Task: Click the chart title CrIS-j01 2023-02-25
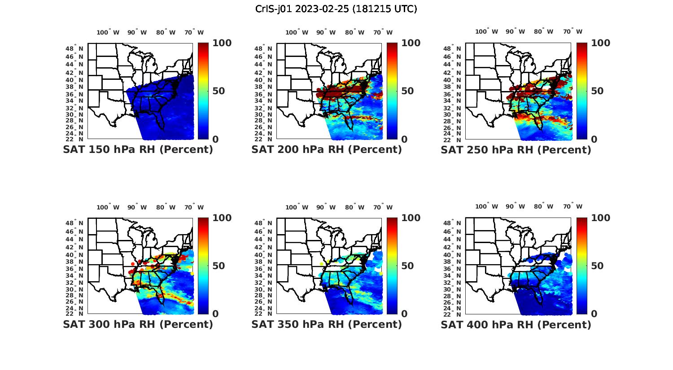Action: coord(336,9)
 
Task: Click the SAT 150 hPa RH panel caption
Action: coord(138,150)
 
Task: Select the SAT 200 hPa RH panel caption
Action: coord(327,150)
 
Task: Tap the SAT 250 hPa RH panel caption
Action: coord(516,150)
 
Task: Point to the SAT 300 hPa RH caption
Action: coord(138,324)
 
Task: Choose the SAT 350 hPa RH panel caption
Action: coord(327,324)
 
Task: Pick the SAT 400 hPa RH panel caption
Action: coord(516,324)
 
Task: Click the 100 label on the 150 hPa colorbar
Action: coord(222,43)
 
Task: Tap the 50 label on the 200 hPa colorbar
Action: coord(407,91)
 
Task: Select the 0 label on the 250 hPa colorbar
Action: coord(594,139)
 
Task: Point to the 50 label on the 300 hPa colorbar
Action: coord(218,266)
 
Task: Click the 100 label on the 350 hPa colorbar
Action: coord(411,218)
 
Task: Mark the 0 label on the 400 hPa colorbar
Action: coord(594,314)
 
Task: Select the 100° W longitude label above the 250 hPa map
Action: coord(486,31)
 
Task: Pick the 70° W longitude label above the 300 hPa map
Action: coord(194,207)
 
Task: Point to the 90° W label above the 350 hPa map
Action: coord(326,207)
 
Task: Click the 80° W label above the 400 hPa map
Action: coord(543,206)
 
